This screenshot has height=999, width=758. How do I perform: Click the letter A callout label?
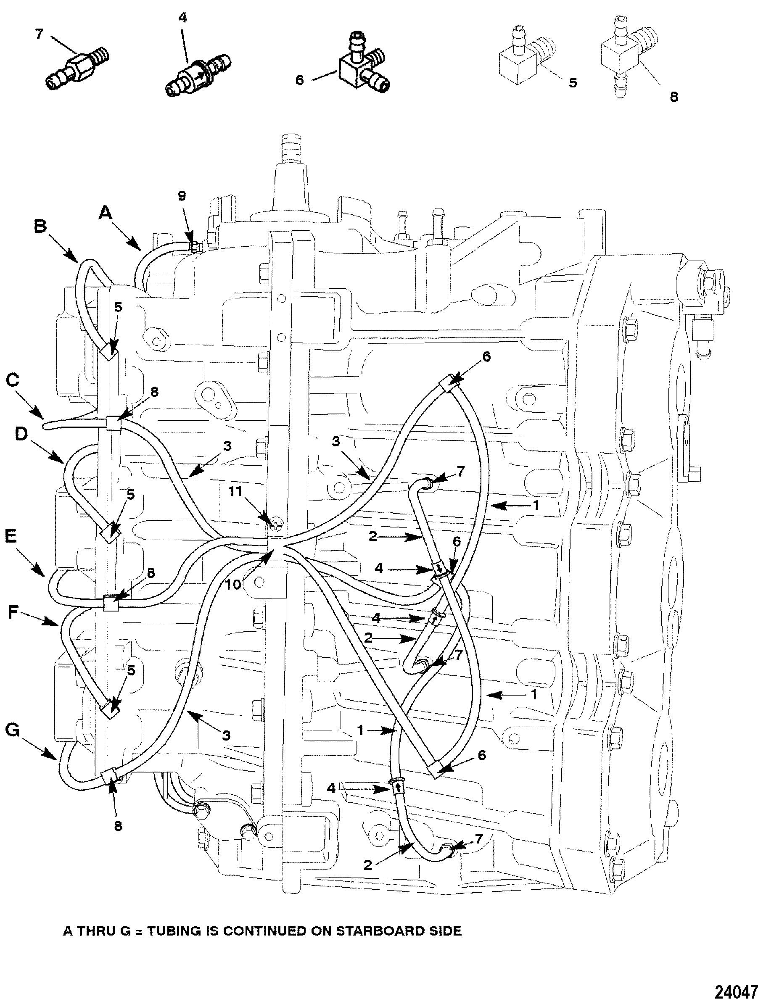coord(105,213)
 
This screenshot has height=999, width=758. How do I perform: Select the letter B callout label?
coord(40,226)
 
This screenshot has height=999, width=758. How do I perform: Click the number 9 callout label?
coord(182,196)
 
